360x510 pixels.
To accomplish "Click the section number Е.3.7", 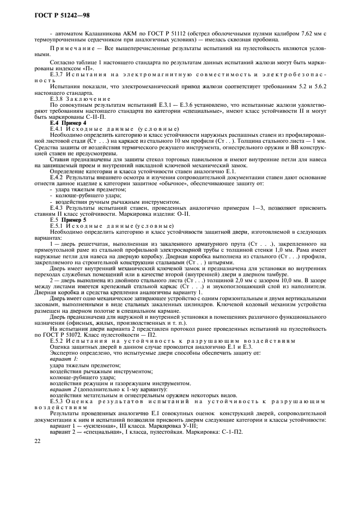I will (x=56, y=74).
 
